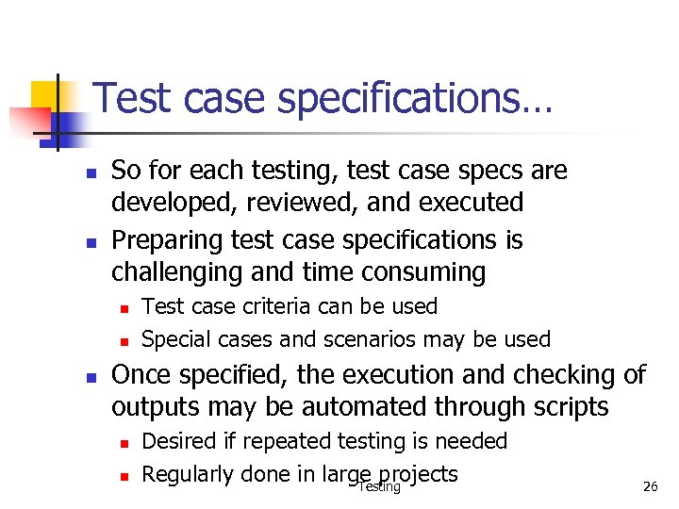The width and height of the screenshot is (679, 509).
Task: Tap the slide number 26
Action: click(x=650, y=486)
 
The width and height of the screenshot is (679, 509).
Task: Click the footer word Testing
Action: click(x=379, y=487)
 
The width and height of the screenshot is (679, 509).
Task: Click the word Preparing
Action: click(x=167, y=241)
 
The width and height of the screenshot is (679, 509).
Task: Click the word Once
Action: click(x=141, y=375)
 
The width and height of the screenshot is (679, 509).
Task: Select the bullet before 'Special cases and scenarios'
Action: click(x=123, y=340)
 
